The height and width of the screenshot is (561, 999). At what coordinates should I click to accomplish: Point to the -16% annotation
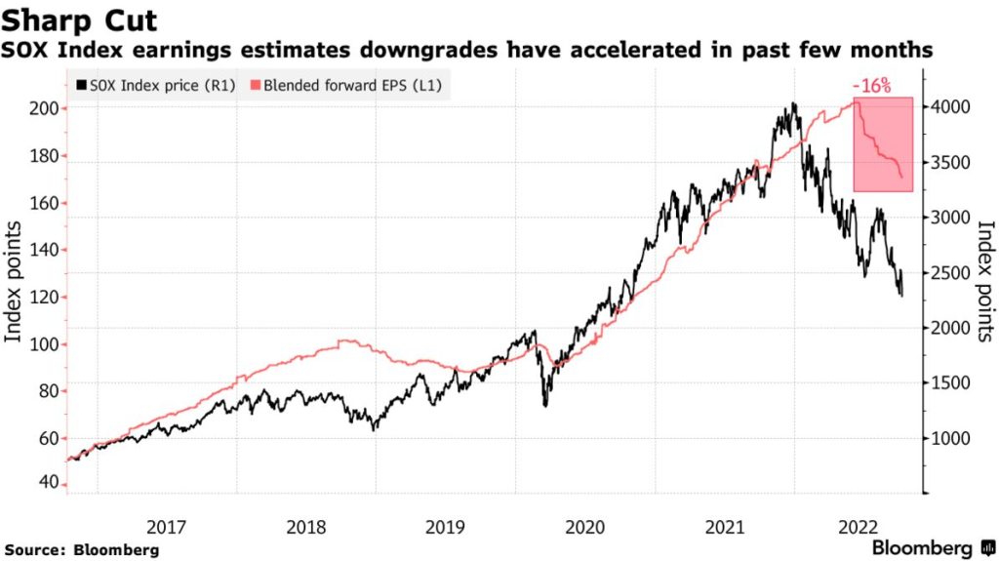(x=871, y=86)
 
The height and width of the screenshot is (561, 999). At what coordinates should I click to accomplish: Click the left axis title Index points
(x=15, y=283)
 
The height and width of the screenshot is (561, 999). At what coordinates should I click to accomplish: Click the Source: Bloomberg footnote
(x=80, y=549)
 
